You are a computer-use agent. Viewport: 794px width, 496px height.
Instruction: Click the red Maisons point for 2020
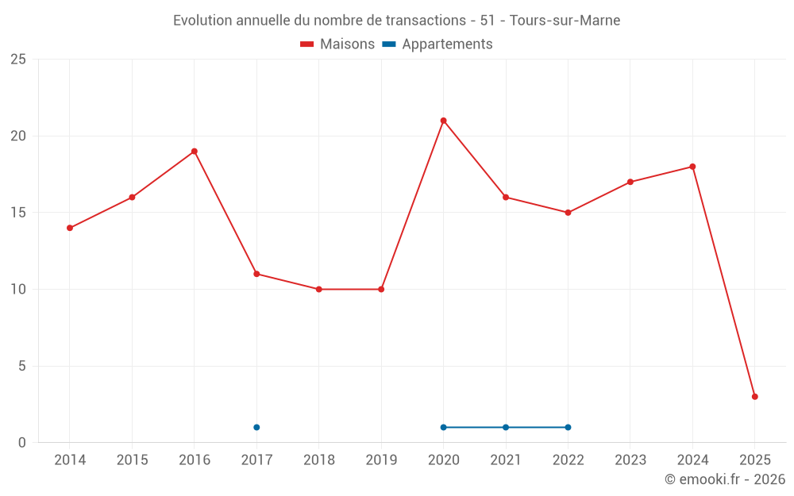443,121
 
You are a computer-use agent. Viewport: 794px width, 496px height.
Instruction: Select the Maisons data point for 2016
194,152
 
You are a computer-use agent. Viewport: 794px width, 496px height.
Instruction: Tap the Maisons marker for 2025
754,397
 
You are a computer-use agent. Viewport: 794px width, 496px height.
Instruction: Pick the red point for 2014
70,228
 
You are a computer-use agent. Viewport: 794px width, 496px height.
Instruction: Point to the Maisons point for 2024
692,167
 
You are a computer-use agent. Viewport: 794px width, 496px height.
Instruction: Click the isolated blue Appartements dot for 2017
256,427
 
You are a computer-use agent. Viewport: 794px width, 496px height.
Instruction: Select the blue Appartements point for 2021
506,427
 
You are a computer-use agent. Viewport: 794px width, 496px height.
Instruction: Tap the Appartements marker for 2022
568,427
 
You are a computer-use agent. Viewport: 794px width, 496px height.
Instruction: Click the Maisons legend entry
337,44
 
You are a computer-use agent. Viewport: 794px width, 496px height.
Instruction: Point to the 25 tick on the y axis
18,60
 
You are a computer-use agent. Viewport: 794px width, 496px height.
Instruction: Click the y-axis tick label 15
18,213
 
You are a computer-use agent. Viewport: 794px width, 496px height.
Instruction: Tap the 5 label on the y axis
22,366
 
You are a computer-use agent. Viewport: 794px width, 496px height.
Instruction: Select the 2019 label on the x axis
381,460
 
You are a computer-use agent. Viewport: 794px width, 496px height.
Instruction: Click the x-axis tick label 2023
630,460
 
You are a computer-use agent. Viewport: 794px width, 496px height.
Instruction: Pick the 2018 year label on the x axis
318,460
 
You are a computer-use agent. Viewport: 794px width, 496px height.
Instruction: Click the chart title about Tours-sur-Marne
396,21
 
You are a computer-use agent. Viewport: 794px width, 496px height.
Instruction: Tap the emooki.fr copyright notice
724,479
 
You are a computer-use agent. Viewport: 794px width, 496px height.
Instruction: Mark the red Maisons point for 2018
318,289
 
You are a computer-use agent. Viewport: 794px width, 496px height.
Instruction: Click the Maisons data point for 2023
630,182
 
